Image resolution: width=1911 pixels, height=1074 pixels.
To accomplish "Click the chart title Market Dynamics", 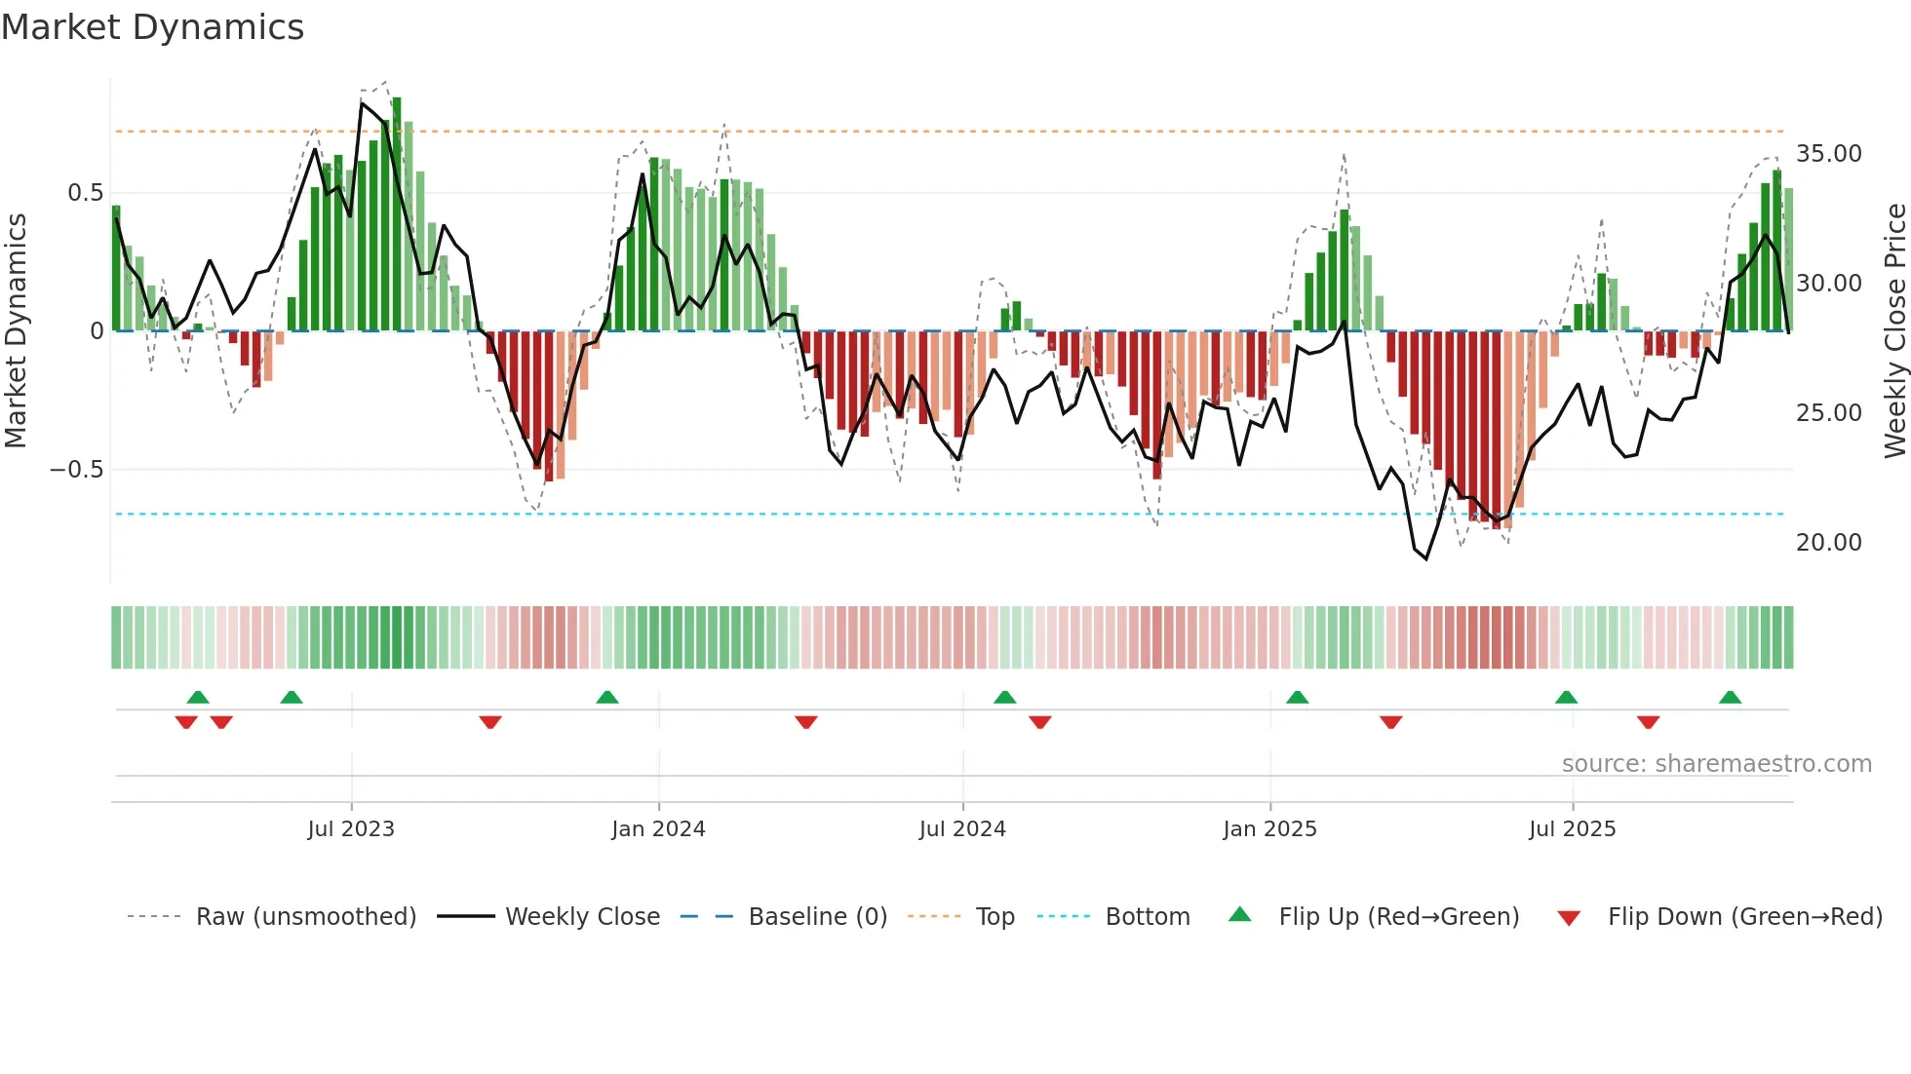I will [x=152, y=27].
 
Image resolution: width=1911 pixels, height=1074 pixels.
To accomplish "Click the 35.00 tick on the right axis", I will [x=1828, y=154].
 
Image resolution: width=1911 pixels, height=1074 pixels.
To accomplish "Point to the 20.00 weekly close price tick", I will [x=1828, y=543].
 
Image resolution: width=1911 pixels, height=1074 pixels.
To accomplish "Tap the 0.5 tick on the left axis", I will [x=85, y=193].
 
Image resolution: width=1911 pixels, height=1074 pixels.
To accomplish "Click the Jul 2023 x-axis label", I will [x=351, y=829].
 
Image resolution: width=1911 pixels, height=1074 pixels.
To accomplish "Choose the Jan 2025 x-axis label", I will [x=1269, y=829].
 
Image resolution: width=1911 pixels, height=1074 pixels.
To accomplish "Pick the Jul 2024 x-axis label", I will [x=962, y=829].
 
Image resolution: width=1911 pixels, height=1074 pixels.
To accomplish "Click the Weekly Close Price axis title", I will [x=1894, y=331].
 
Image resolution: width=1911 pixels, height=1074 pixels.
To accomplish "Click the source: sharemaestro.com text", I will [x=1716, y=764].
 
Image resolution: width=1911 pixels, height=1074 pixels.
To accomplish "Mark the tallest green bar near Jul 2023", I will [x=397, y=214].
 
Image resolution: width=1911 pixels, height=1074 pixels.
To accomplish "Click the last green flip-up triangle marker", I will [x=1730, y=697].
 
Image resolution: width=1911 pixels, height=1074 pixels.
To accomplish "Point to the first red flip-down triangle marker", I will [x=186, y=722].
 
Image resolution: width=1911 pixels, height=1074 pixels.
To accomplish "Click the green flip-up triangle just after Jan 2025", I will [x=1297, y=697].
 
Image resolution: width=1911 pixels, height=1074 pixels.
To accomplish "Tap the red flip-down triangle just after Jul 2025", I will [x=1648, y=722].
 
